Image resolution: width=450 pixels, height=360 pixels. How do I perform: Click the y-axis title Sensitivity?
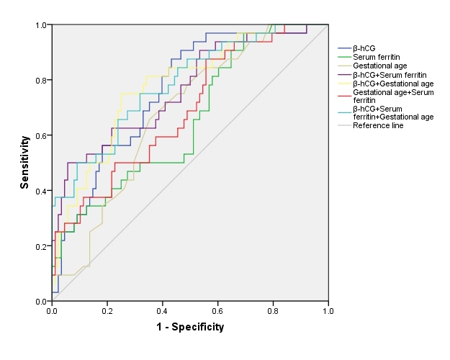(x=24, y=163)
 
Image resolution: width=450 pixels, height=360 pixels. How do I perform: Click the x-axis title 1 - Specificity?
(x=190, y=327)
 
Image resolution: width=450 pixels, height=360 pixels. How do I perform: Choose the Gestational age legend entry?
(x=379, y=66)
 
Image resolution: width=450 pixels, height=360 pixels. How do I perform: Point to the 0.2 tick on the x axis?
(x=107, y=310)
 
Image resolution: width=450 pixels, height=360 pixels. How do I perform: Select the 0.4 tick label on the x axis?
(x=163, y=310)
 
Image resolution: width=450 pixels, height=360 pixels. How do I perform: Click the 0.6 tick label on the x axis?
(x=217, y=310)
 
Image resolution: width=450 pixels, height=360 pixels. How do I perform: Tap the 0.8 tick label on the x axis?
(x=273, y=310)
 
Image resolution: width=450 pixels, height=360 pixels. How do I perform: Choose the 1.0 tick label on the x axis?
(x=328, y=310)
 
